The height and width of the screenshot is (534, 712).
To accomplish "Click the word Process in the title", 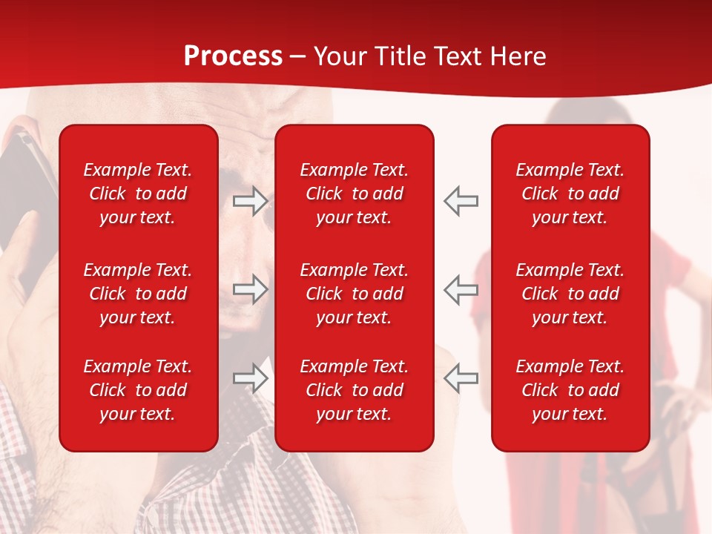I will pos(233,56).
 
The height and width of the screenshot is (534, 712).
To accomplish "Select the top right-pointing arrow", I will pos(251,200).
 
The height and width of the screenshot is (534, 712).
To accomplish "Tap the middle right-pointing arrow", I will pos(251,289).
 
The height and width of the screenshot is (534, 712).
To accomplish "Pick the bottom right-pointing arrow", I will pos(251,378).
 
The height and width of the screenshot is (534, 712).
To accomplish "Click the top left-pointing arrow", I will pos(461,200).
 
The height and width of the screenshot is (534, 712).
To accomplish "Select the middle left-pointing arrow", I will pos(461,289).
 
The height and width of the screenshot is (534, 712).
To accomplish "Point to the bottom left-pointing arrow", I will pos(461,378).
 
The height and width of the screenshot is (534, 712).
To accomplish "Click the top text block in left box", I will pos(138,194).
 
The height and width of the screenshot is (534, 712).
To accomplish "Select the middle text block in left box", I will pos(138,294).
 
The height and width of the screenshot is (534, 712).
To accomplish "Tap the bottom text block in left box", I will pos(138,390).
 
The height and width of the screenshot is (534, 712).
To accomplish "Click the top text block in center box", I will pos(354,194).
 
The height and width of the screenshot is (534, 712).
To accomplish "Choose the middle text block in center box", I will pos(354,294).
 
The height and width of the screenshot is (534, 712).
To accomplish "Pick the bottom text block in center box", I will pos(354,390).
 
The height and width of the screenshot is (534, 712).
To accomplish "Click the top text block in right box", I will pos(570,194).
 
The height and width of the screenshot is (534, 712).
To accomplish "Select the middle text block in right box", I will pos(570,294).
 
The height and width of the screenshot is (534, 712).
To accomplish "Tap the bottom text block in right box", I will pos(570,390).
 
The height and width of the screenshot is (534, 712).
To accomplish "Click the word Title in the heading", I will pos(401,56).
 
